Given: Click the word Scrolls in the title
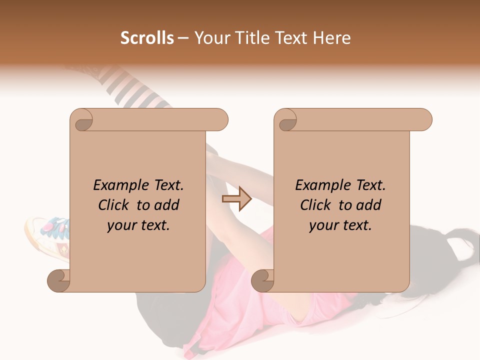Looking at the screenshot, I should tap(147, 38).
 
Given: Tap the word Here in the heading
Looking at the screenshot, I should tap(330, 38).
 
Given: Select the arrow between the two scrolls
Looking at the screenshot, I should tap(236, 199).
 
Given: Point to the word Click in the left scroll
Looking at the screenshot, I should tap(114, 205).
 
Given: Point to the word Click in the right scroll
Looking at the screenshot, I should tap(316, 205).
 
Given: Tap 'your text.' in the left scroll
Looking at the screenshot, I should tap(138, 225).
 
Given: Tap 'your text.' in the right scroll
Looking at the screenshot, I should tap(340, 225).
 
